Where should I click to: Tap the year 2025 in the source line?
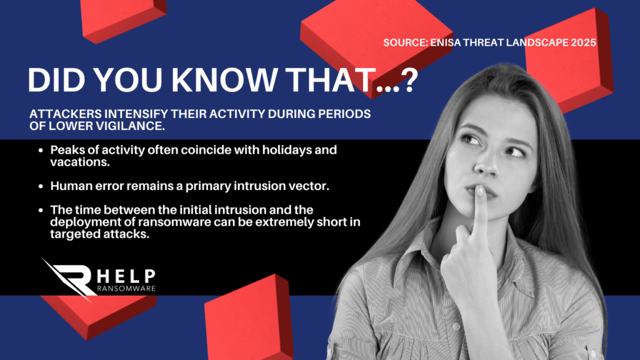click(x=584, y=42)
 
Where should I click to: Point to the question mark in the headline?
click(x=407, y=79)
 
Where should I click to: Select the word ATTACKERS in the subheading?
click(x=65, y=114)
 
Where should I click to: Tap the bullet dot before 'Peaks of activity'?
click(x=41, y=150)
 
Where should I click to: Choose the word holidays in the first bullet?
click(x=287, y=150)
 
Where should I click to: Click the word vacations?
click(x=79, y=162)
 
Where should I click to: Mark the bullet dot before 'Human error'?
click(x=41, y=186)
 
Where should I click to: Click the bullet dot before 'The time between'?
click(x=41, y=210)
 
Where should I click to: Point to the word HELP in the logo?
click(x=126, y=276)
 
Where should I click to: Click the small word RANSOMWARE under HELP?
click(x=126, y=289)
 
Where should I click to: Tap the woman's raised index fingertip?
click(x=480, y=191)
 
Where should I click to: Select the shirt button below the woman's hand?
click(x=456, y=326)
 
